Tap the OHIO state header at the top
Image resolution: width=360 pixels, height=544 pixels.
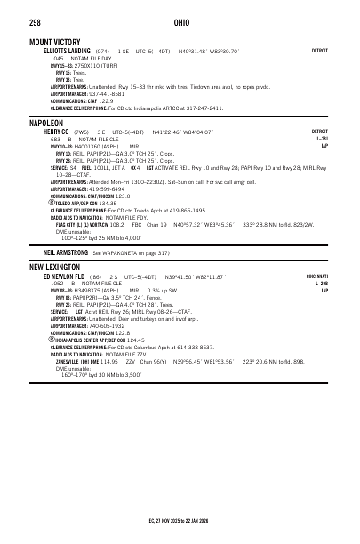(x=180, y=21)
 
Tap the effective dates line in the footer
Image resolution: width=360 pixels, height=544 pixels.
(x=180, y=518)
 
